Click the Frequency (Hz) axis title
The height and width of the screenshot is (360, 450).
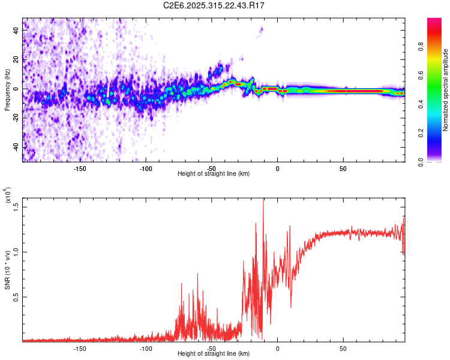point(7,90)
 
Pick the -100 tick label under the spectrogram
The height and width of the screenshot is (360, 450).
point(146,169)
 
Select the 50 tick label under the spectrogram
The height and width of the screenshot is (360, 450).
point(343,169)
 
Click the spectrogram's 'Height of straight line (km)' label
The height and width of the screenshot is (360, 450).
point(214,174)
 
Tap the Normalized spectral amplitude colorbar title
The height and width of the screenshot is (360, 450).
point(446,90)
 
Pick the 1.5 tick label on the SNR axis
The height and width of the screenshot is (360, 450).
point(16,206)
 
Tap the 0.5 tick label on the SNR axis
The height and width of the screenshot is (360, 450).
point(16,296)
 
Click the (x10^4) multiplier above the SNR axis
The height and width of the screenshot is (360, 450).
point(8,195)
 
